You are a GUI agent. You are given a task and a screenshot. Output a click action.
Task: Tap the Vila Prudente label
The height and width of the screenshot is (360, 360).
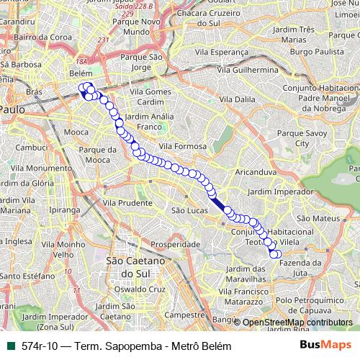[x=127, y=203]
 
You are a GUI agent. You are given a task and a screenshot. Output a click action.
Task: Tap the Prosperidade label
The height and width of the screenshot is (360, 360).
[x=175, y=245]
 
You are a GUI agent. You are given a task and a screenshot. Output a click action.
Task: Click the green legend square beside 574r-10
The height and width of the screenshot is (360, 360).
[x=10, y=346]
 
